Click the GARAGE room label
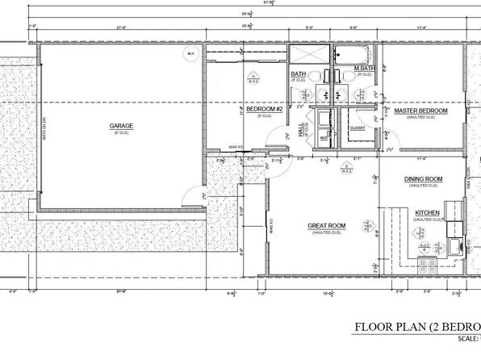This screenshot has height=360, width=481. [121, 126]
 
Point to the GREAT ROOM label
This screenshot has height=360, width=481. [326, 225]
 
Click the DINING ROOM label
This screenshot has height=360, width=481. [423, 178]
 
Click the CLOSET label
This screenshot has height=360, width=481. [358, 128]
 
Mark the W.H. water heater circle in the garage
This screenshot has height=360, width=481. [191, 55]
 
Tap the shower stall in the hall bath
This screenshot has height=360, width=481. [308, 55]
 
